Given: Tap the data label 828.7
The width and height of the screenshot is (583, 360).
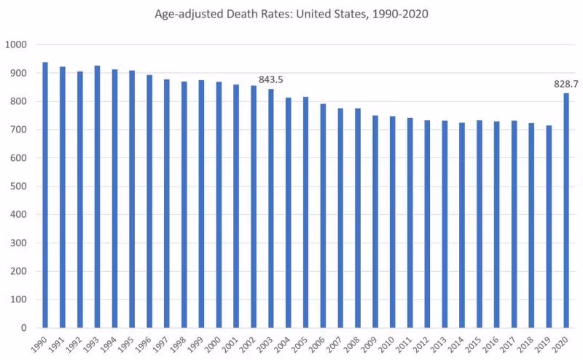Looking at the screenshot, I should pos(566,85).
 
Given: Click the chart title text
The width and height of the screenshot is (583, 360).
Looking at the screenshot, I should pos(291,14).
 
